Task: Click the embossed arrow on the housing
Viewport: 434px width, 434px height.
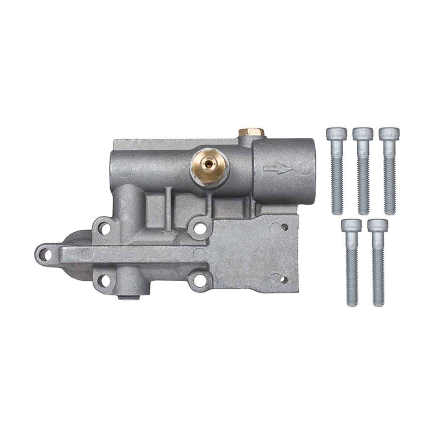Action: tap(278, 169)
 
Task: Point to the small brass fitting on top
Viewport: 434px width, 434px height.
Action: tap(251, 132)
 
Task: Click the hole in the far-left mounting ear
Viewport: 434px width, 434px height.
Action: tap(44, 255)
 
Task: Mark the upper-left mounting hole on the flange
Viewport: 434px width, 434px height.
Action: tap(104, 228)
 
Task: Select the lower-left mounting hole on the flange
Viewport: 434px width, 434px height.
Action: tap(104, 280)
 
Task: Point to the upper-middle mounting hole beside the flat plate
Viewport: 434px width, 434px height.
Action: tap(200, 228)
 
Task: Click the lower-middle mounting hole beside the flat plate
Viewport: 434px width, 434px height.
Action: tap(199, 280)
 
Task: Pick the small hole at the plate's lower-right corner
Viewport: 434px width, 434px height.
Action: tap(283, 280)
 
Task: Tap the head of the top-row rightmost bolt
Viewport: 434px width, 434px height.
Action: tap(389, 134)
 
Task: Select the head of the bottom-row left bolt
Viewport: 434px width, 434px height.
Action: tap(351, 225)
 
